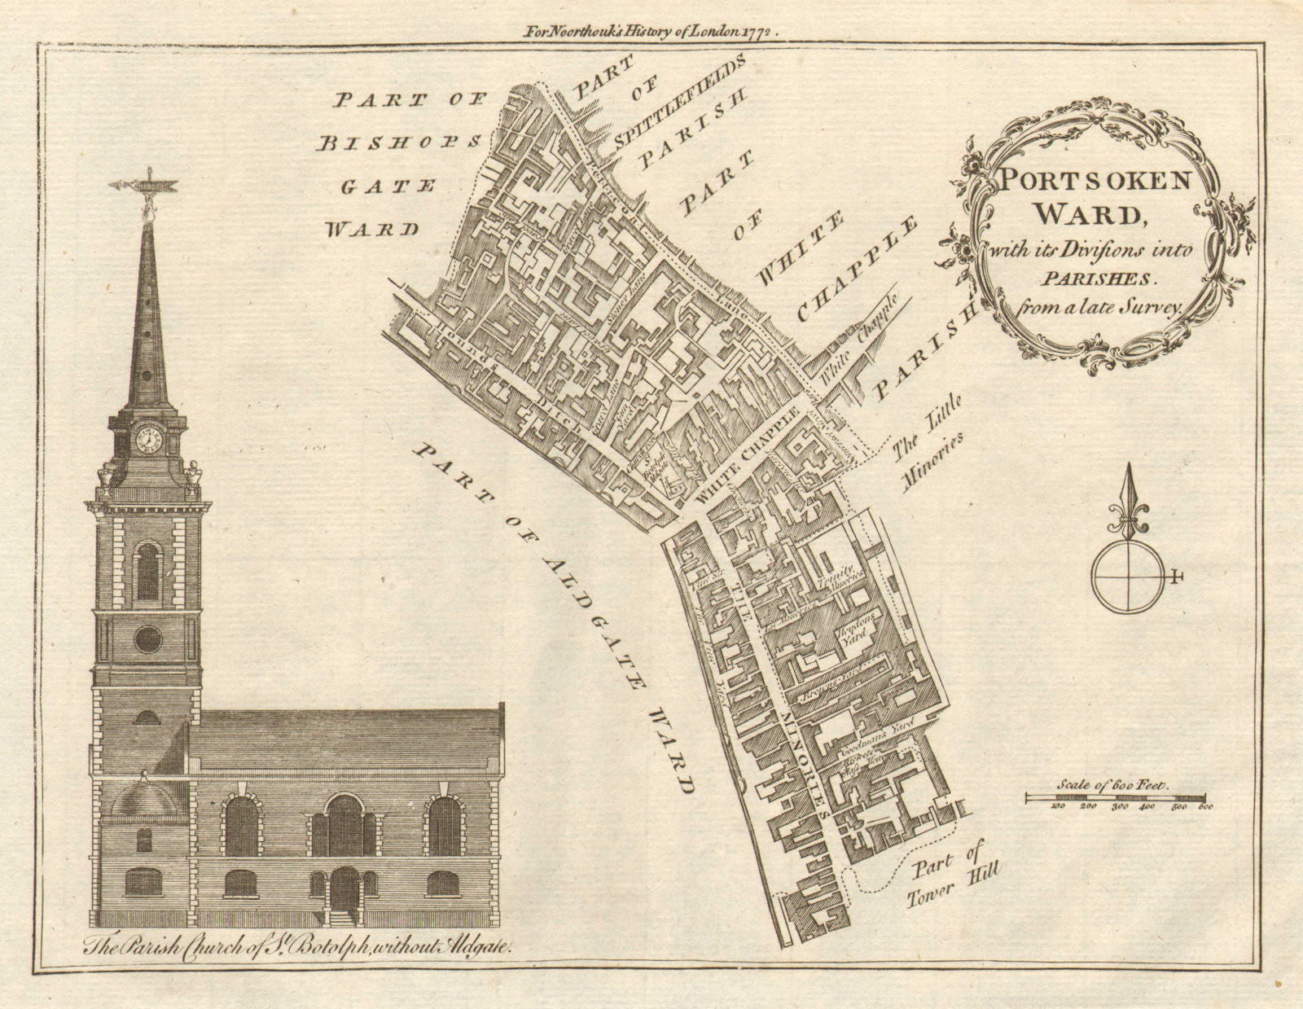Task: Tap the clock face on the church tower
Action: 149,439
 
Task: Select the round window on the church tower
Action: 147,638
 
